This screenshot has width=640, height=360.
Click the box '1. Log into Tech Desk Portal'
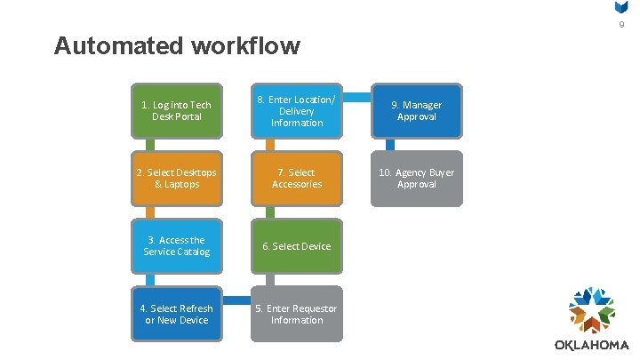click(176, 111)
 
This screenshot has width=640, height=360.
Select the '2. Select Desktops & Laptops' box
click(176, 178)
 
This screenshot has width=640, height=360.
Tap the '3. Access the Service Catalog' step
click(176, 246)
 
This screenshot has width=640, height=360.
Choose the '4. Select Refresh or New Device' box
click(176, 314)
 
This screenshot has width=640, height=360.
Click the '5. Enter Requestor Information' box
click(296, 314)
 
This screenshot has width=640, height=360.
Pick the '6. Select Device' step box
click(296, 246)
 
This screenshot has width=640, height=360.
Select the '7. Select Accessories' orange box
click(296, 178)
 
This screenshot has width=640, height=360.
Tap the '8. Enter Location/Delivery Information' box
click(296, 111)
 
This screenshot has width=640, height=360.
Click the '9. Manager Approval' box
click(417, 111)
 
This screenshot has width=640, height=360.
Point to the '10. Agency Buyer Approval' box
click(417, 178)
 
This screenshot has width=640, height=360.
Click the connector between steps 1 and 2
click(151, 144)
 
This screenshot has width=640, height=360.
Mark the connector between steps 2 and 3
click(151, 212)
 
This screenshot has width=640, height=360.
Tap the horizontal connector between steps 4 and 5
click(236, 296)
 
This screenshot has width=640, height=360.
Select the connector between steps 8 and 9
click(356, 92)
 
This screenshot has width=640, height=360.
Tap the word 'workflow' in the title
click(252, 45)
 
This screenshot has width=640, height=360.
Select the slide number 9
click(622, 25)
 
